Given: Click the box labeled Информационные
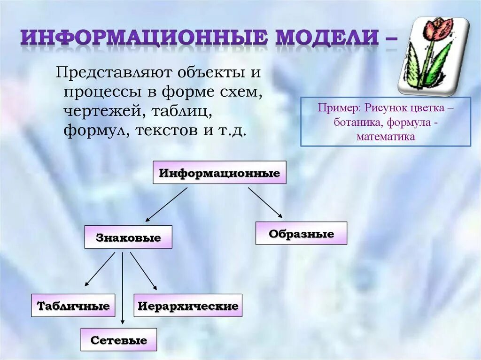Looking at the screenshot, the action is [x=219, y=173].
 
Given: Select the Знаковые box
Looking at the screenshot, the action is [x=128, y=237].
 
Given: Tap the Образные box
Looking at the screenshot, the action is [x=301, y=233].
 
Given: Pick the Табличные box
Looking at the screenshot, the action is [x=73, y=306].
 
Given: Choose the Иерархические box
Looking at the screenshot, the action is [x=188, y=306].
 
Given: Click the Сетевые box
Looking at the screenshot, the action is [x=118, y=340].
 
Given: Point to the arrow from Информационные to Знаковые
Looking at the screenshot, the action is [x=166, y=205].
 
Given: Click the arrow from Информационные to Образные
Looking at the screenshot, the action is [x=265, y=203].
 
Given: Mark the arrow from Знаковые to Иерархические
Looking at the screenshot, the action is [x=143, y=271].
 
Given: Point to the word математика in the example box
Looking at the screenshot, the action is [x=386, y=137].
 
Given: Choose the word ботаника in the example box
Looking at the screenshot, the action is [x=354, y=123].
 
